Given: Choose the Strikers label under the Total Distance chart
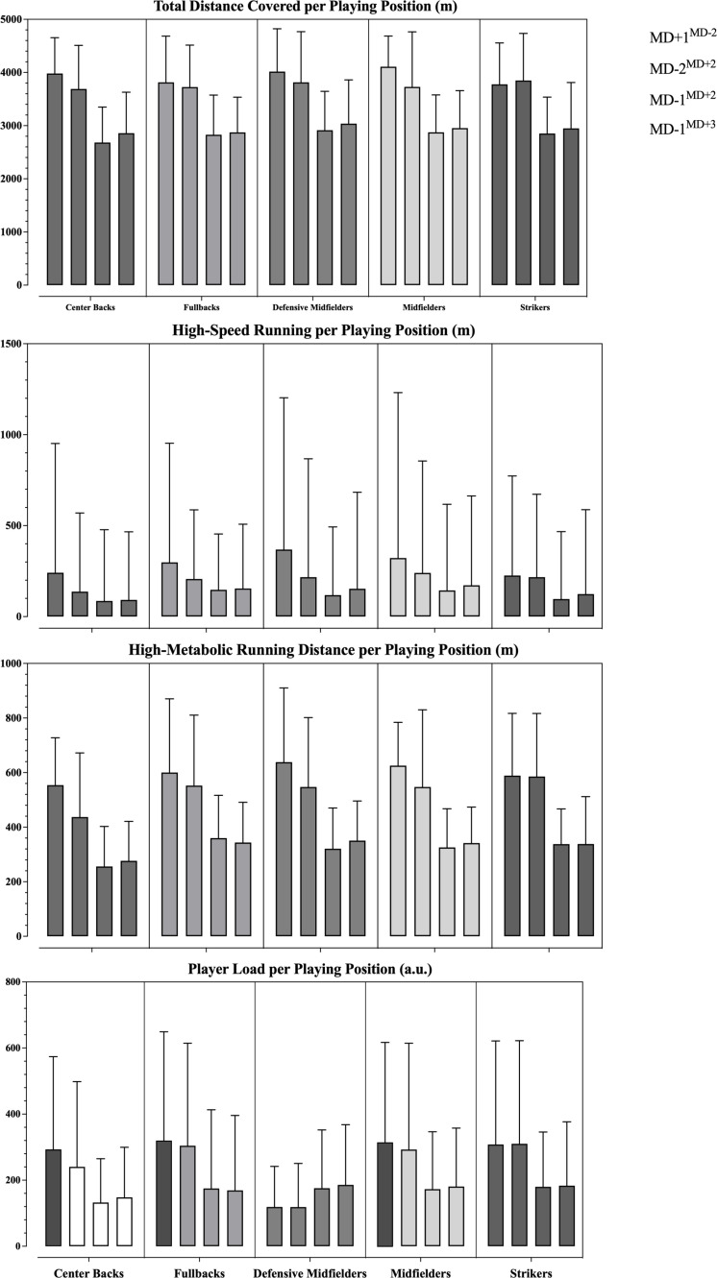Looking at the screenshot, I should [534, 306].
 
